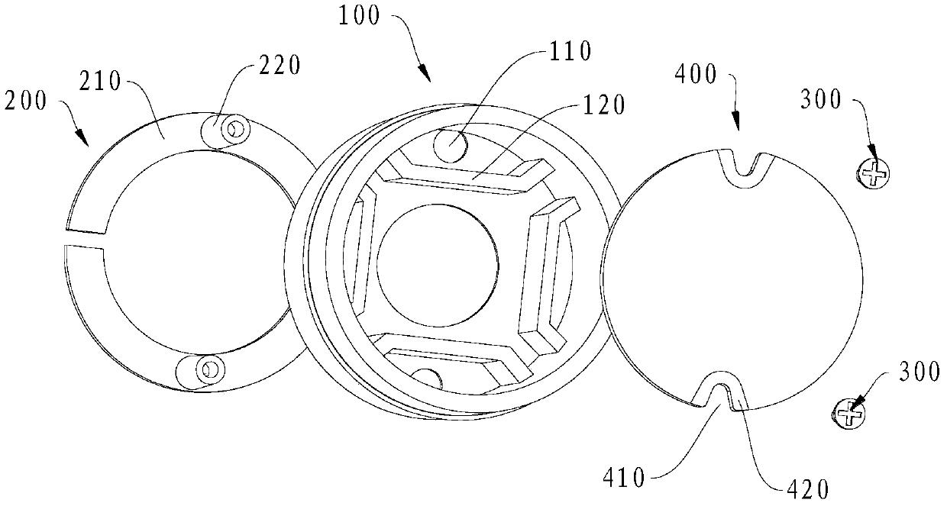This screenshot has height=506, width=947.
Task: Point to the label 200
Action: pos(23,100)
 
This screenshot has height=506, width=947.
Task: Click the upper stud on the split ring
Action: pos(232,131)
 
